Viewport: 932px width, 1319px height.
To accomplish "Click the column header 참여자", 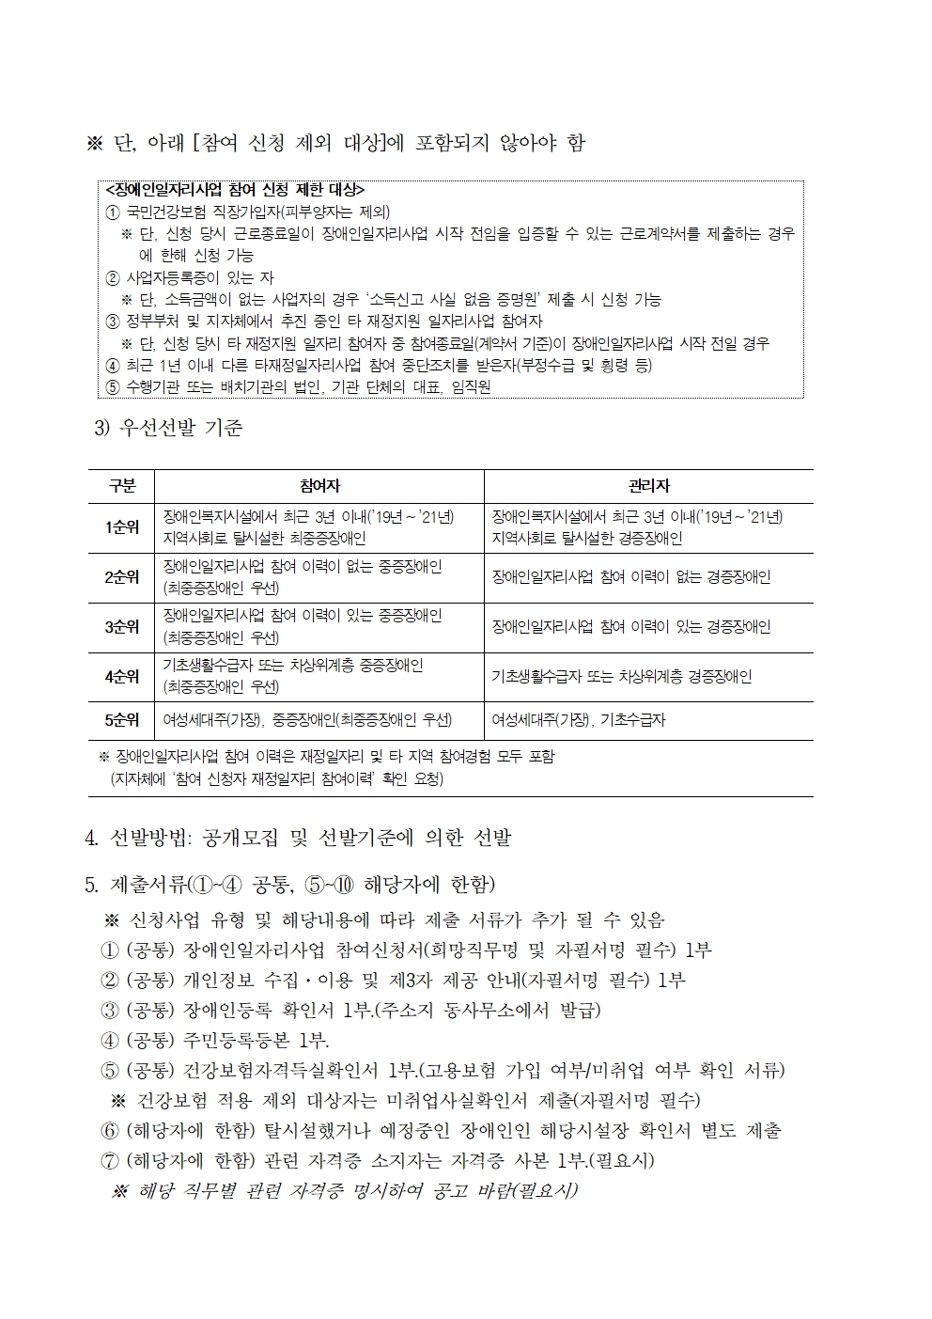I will pos(318,486).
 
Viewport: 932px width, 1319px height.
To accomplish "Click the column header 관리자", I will pos(648,486).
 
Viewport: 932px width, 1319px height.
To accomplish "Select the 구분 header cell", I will pos(122,486).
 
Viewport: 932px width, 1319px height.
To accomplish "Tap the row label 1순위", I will pos(122,527).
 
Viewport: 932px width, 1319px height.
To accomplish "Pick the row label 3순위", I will pos(122,627).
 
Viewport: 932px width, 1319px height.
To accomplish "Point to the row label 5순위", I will pos(122,720).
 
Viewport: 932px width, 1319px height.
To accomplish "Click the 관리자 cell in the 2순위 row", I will pos(630,577).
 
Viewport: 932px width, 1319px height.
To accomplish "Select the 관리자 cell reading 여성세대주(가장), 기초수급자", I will pos(578,720).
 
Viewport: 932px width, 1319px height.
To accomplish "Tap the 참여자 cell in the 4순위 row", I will pos(293,676).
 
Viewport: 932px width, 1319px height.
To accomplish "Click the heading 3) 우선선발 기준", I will pos(169,429).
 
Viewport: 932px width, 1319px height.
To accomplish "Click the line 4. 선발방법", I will pos(298,838).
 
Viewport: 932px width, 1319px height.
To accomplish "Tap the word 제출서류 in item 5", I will pos(148,885).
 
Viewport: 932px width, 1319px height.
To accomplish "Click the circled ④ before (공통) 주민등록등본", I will pos(109,1040).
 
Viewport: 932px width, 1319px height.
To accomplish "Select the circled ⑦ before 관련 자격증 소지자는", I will pos(109,1160).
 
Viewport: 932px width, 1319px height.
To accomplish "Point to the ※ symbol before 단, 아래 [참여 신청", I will pos(94,143).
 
